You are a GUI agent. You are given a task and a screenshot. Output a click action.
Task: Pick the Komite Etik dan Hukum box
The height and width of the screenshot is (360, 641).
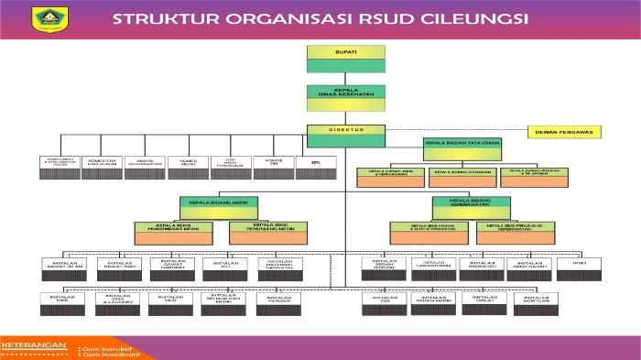click(x=102, y=163)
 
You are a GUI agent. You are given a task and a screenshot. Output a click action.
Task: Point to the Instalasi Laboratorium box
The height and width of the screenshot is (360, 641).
click(x=432, y=266)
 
